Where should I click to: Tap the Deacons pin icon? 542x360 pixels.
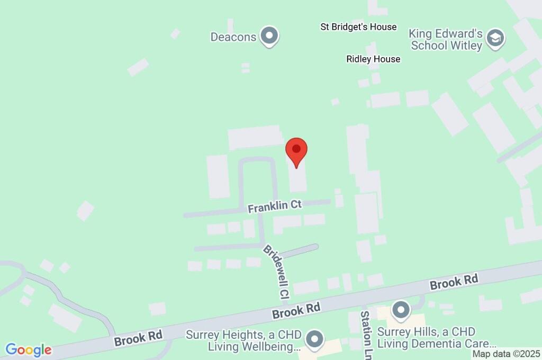pyautogui.click(x=270, y=37)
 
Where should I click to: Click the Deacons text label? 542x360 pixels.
pyautogui.click(x=233, y=37)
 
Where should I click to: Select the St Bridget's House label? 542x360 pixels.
pyautogui.click(x=358, y=27)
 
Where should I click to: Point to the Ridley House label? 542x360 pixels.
pyautogui.click(x=373, y=59)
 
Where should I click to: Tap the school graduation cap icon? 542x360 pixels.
pyautogui.click(x=496, y=38)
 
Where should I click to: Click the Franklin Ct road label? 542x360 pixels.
pyautogui.click(x=275, y=206)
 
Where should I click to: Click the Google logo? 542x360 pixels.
pyautogui.click(x=29, y=350)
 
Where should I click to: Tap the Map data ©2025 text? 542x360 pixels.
pyautogui.click(x=506, y=354)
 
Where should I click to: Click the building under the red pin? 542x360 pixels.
pyautogui.click(x=297, y=177)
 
